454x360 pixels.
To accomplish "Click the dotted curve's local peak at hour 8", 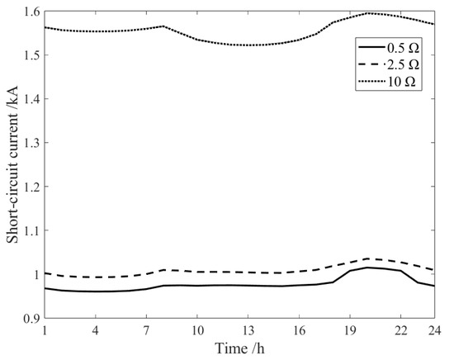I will (x=163, y=26).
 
